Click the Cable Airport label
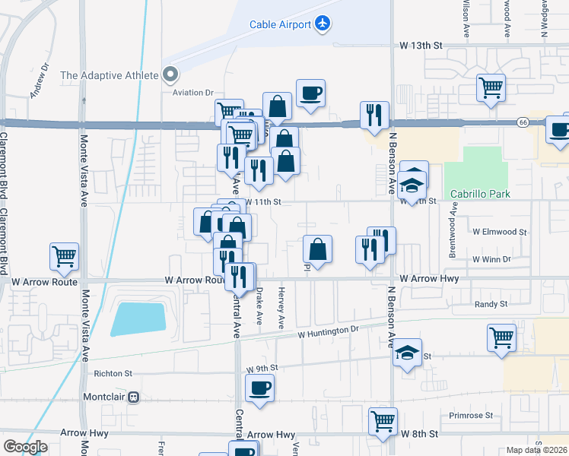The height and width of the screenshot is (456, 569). tap(280, 24)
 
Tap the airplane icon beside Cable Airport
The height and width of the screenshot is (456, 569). tap(323, 24)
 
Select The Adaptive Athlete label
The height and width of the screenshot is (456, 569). tap(109, 75)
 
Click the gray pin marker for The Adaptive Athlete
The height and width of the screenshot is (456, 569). tap(170, 75)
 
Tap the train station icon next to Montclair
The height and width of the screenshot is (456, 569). tap(134, 397)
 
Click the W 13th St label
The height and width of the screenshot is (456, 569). tap(421, 46)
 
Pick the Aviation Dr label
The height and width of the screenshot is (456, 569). tap(193, 93)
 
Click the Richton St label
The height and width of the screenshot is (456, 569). tap(113, 374)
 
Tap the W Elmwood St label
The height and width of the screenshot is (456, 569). tap(499, 231)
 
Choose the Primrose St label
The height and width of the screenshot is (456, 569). tap(471, 416)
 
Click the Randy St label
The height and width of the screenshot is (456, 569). tap(491, 304)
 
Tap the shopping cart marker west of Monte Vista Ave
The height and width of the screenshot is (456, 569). tap(64, 256)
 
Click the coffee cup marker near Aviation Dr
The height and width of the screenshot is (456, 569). tap(310, 93)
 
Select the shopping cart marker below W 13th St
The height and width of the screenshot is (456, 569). tap(491, 87)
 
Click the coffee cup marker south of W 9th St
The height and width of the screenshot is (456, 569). tap(259, 388)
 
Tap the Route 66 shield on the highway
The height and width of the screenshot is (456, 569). tap(523, 122)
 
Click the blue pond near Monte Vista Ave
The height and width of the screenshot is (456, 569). tap(138, 318)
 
